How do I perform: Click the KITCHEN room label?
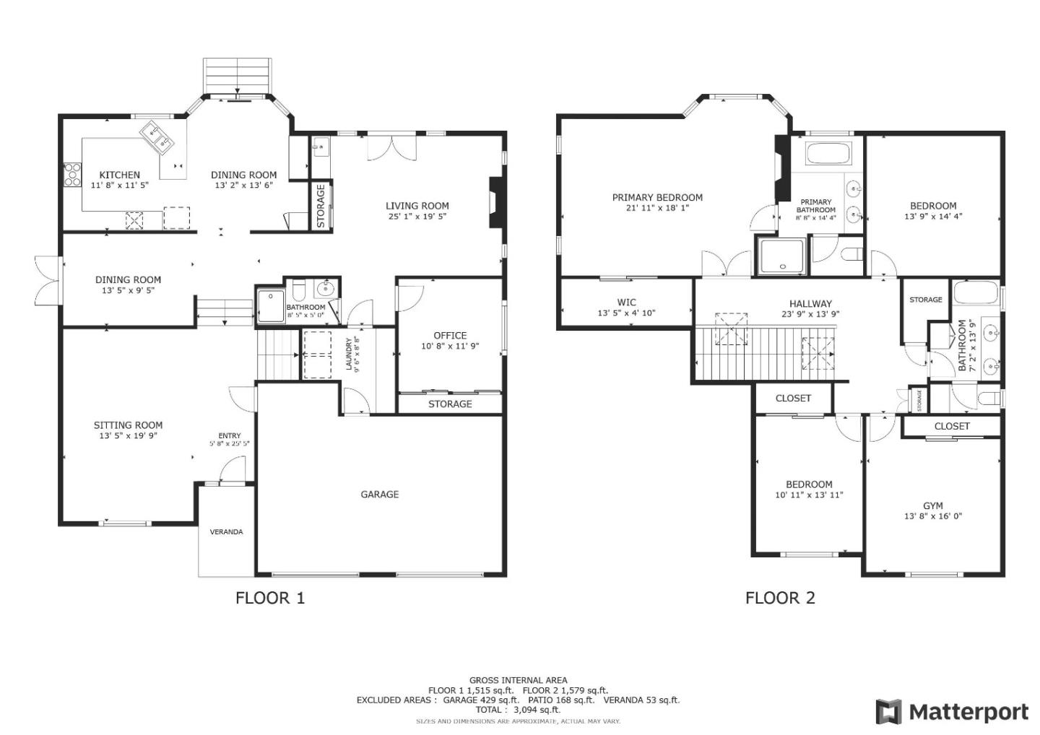click(119, 175)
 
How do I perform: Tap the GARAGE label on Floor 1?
click(379, 495)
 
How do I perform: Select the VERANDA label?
click(226, 532)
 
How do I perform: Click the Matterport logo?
click(952, 712)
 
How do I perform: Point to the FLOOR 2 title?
click(780, 598)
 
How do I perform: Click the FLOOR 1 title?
click(270, 598)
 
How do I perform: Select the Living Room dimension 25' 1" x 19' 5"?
click(417, 217)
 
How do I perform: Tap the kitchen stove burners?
click(72, 175)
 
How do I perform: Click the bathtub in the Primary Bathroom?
click(828, 154)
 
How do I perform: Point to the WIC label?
click(626, 303)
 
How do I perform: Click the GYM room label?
click(932, 506)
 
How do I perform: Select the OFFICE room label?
click(449, 335)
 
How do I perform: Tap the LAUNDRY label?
click(348, 354)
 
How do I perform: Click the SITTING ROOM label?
click(128, 425)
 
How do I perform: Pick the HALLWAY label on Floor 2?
click(810, 304)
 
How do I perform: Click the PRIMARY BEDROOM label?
click(656, 197)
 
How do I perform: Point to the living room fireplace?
click(495, 203)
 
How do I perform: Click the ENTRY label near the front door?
click(229, 435)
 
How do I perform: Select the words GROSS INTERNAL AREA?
click(518, 680)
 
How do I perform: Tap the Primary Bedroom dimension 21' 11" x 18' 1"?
click(656, 208)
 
